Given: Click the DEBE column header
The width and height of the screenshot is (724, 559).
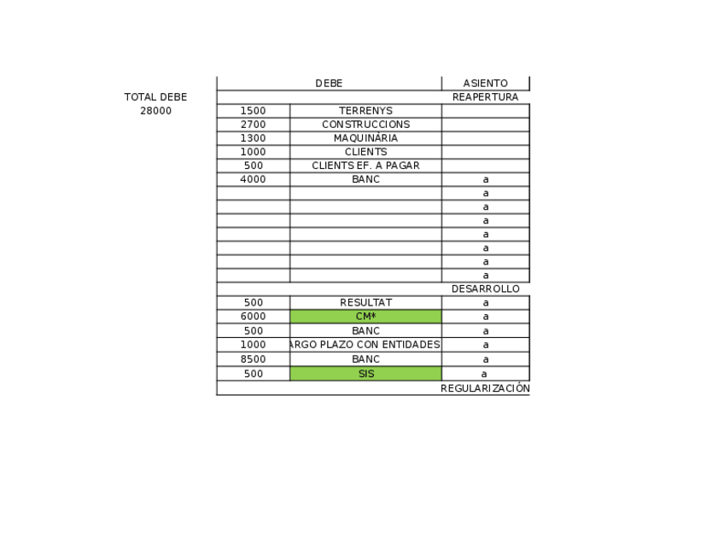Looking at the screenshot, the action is pos(329,84).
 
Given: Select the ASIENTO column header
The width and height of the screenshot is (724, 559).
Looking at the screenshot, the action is pos(485,84).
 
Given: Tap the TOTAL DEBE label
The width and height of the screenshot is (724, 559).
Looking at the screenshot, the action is pos(155,97).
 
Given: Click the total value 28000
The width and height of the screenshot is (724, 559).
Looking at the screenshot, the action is pos(155,111).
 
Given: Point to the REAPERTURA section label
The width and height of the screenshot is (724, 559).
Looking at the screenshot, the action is pos(485,97).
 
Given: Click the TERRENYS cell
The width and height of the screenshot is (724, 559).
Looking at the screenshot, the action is pos(365,111).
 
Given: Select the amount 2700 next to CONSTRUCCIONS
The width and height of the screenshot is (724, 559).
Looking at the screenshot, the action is pos(253,125).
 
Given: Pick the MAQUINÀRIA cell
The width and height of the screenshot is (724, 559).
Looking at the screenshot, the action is pos(365,138).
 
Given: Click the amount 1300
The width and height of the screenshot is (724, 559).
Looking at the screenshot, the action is pos(253,138).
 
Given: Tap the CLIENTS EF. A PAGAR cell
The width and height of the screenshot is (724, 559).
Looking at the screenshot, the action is pos(365,166).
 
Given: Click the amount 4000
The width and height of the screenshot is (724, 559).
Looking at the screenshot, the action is pos(253,179).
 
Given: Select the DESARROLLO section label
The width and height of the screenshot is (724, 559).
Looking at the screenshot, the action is pos(485,288).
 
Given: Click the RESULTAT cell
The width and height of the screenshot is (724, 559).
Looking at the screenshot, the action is pos(365,303).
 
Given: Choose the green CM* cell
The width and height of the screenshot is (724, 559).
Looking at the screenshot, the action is pos(365,317).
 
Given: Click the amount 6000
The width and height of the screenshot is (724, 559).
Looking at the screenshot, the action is pos(253,317).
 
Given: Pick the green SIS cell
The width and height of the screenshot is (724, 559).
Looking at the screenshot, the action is pos(365,374).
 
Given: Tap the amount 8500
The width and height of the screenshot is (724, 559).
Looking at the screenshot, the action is pos(253,359).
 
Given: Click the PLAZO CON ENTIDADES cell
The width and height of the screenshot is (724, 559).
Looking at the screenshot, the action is pos(365,345).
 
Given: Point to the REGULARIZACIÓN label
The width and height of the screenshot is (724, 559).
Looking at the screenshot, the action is pos(485,388).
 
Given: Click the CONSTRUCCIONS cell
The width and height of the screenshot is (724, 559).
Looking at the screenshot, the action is pos(365,125).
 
